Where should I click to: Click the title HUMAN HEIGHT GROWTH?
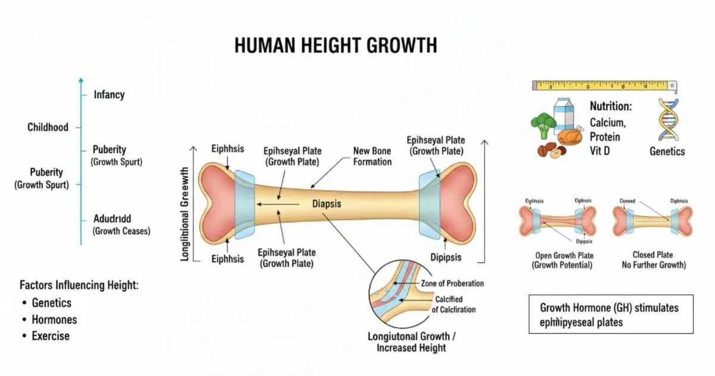click(x=335, y=45)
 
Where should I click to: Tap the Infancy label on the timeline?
click(x=109, y=94)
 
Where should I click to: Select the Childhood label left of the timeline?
click(x=48, y=127)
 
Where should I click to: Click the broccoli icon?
click(x=543, y=124)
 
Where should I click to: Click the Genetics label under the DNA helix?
click(x=667, y=152)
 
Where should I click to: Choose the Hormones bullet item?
click(x=54, y=319)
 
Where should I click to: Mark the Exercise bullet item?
click(x=51, y=336)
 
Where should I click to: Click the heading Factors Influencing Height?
click(x=79, y=285)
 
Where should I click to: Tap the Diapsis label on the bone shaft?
click(x=327, y=204)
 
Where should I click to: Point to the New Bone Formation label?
click(x=372, y=156)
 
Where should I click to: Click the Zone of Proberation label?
click(x=452, y=283)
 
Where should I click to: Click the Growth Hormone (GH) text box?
click(x=611, y=315)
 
